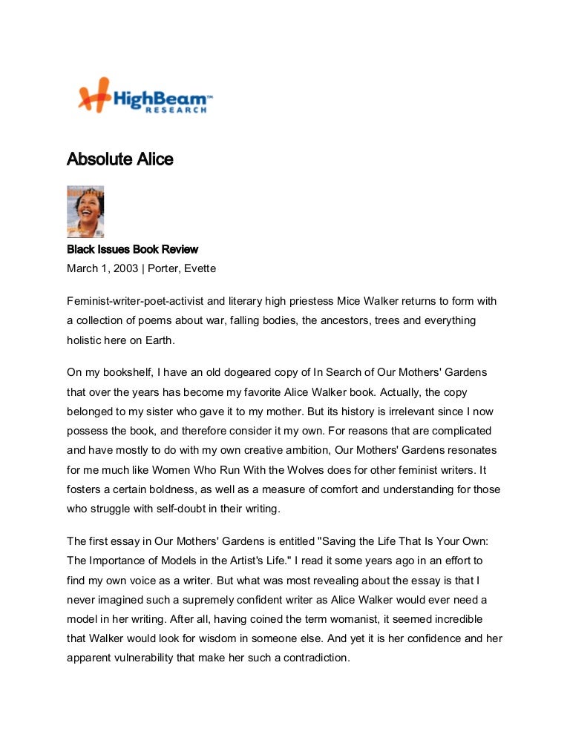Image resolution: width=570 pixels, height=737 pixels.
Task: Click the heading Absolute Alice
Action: tap(119, 159)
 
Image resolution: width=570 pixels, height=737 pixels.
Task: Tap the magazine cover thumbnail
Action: tap(85, 211)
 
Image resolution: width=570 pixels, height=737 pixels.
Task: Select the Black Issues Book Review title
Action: tap(132, 250)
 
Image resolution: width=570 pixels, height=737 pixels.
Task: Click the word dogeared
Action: tap(246, 372)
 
